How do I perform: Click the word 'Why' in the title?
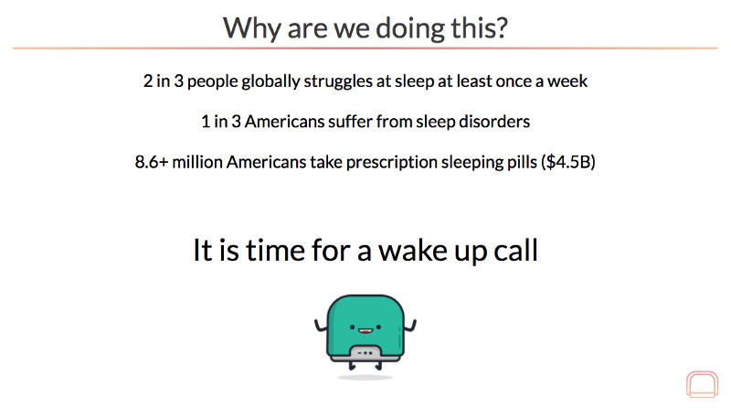click(252, 29)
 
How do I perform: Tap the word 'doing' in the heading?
click(404, 28)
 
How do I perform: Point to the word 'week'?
click(567, 81)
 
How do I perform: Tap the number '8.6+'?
click(152, 162)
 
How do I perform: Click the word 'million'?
click(197, 162)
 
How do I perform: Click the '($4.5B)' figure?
click(568, 163)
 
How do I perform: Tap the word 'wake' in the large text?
click(413, 251)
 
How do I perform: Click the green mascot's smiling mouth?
click(365, 331)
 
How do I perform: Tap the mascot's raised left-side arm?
click(322, 326)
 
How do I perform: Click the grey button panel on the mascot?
click(365, 353)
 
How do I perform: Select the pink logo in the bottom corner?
click(702, 384)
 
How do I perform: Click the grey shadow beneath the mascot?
click(365, 377)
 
